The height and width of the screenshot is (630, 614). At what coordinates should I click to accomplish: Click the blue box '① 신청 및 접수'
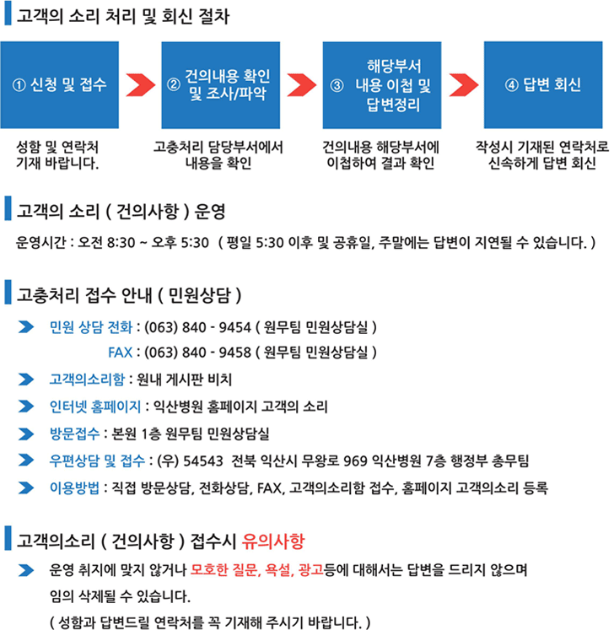click(60, 85)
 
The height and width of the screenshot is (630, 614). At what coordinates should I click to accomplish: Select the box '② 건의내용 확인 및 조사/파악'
click(221, 85)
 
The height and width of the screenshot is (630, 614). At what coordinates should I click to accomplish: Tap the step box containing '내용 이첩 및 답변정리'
click(382, 85)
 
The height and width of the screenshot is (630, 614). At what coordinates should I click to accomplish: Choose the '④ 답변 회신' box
click(543, 85)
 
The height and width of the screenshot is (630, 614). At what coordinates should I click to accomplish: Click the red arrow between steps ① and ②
click(140, 85)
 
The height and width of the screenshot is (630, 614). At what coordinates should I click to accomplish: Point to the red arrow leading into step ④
click(463, 85)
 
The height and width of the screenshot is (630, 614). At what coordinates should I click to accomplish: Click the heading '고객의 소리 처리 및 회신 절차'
click(122, 16)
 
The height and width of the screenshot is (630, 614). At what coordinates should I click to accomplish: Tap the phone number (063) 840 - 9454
click(197, 327)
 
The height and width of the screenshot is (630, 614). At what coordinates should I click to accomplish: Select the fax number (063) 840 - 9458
click(197, 353)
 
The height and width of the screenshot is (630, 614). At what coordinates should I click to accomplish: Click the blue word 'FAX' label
click(120, 353)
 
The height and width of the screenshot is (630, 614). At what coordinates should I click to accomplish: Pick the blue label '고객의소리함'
click(87, 380)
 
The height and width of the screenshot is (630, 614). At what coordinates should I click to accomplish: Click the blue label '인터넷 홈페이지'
click(94, 407)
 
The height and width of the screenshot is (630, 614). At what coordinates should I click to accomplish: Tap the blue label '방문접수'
click(74, 433)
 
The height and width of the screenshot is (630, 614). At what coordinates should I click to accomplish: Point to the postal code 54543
click(203, 460)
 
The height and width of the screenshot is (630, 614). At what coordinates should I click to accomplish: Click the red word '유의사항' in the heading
click(273, 541)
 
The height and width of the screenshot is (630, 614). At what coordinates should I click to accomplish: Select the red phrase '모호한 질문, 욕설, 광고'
click(256, 570)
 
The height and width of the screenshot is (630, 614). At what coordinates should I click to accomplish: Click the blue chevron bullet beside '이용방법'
click(26, 487)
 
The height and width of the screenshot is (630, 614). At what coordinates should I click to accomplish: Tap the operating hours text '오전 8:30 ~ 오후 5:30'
click(143, 242)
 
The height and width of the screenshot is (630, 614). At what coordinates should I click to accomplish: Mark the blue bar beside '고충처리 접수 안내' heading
click(8, 293)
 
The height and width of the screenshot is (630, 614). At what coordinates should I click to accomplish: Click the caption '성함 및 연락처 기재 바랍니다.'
click(57, 155)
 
